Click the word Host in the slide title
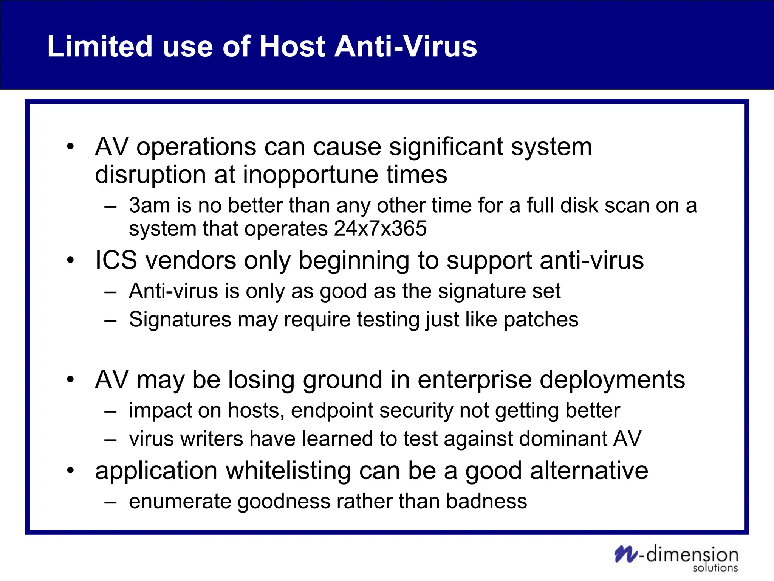tap(293, 47)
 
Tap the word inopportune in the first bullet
tap(310, 175)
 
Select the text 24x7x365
tap(380, 228)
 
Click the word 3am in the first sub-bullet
tap(149, 205)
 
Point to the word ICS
tap(116, 261)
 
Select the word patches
tap(541, 320)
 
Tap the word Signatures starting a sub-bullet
tap(180, 320)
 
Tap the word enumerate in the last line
tap(180, 502)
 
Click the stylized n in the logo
tap(626, 554)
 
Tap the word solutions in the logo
tap(715, 568)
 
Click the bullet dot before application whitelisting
tap(70, 471)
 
